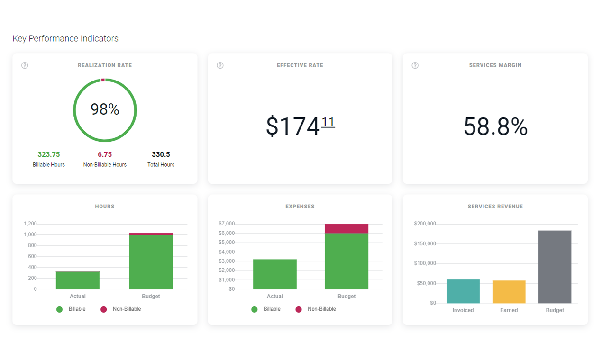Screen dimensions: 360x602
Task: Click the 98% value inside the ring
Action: pyautogui.click(x=105, y=109)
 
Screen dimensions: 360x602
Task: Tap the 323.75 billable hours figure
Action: pyautogui.click(x=49, y=154)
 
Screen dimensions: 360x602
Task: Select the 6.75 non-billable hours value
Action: pyautogui.click(x=105, y=154)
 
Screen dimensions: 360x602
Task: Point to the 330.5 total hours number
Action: pyautogui.click(x=161, y=154)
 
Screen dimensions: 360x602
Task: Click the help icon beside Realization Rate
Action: pyautogui.click(x=25, y=65)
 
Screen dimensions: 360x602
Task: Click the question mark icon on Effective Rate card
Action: pyautogui.click(x=220, y=65)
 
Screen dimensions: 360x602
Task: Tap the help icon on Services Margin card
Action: pyautogui.click(x=415, y=65)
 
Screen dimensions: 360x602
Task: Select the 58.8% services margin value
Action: pyautogui.click(x=495, y=127)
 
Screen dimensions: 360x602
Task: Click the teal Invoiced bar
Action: pyautogui.click(x=463, y=291)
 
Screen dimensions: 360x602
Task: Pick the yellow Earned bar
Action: pyautogui.click(x=509, y=292)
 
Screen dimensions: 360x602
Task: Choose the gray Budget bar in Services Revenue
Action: pyautogui.click(x=555, y=267)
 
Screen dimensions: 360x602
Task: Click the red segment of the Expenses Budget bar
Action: pyautogui.click(x=347, y=229)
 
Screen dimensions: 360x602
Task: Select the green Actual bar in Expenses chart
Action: pyautogui.click(x=275, y=274)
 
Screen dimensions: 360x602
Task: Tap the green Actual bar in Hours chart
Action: pyautogui.click(x=78, y=280)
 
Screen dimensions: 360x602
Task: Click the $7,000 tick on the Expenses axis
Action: pyautogui.click(x=227, y=224)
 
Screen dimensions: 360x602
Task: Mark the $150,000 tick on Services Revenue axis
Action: pyautogui.click(x=425, y=244)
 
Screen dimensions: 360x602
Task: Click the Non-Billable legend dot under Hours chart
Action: pyautogui.click(x=104, y=309)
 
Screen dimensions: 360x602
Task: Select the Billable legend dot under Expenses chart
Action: pyautogui.click(x=255, y=309)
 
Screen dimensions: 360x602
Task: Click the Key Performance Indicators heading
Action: pyautogui.click(x=65, y=38)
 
